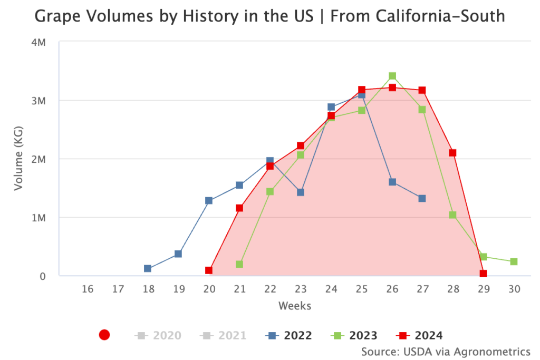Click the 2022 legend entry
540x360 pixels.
tap(290, 335)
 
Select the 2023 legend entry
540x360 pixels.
tap(354, 335)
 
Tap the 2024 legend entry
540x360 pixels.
tap(420, 335)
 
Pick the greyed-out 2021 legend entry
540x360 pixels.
tap(224, 335)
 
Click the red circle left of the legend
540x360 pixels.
tap(104, 335)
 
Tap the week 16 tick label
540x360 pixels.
tap(88, 289)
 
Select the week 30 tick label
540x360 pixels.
tap(514, 289)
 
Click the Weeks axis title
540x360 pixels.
tap(295, 306)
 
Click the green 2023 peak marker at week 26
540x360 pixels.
tap(392, 76)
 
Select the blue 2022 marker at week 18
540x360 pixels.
tap(148, 269)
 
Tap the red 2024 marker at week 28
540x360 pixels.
tap(452, 153)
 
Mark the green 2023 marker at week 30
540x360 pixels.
tap(514, 262)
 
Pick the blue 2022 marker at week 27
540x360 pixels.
tap(422, 198)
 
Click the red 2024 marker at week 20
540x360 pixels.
tap(209, 270)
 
